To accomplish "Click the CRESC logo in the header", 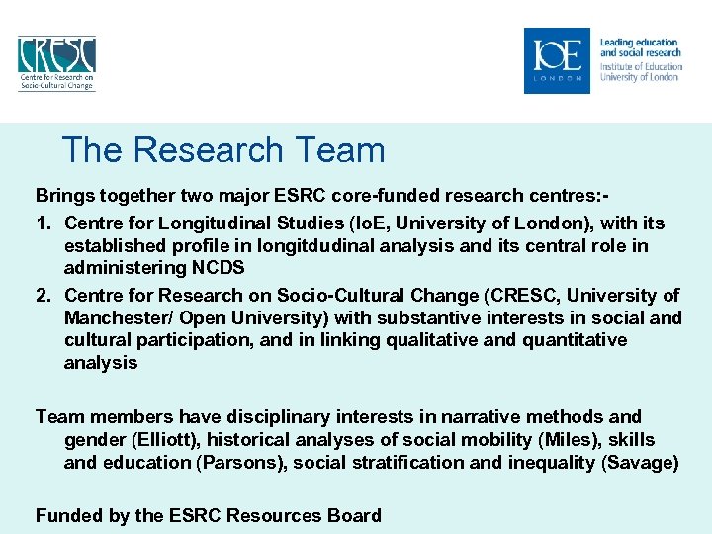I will pos(55,62).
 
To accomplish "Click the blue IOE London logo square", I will pos(557,60).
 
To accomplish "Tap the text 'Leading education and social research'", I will pos(640,47).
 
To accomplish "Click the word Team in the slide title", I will pos(339,150).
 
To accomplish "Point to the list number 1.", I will pos(42,223).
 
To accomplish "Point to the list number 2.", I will pos(42,295).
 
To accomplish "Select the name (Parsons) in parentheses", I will pos(238,463).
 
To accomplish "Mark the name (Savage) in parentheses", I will pos(639,463).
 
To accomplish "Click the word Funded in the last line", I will pos(66,515).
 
